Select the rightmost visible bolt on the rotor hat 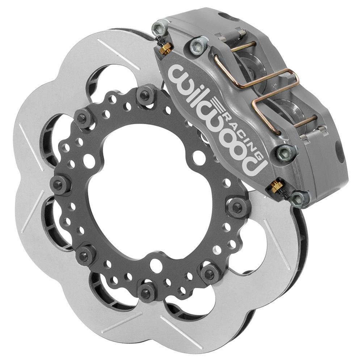point(236,207)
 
